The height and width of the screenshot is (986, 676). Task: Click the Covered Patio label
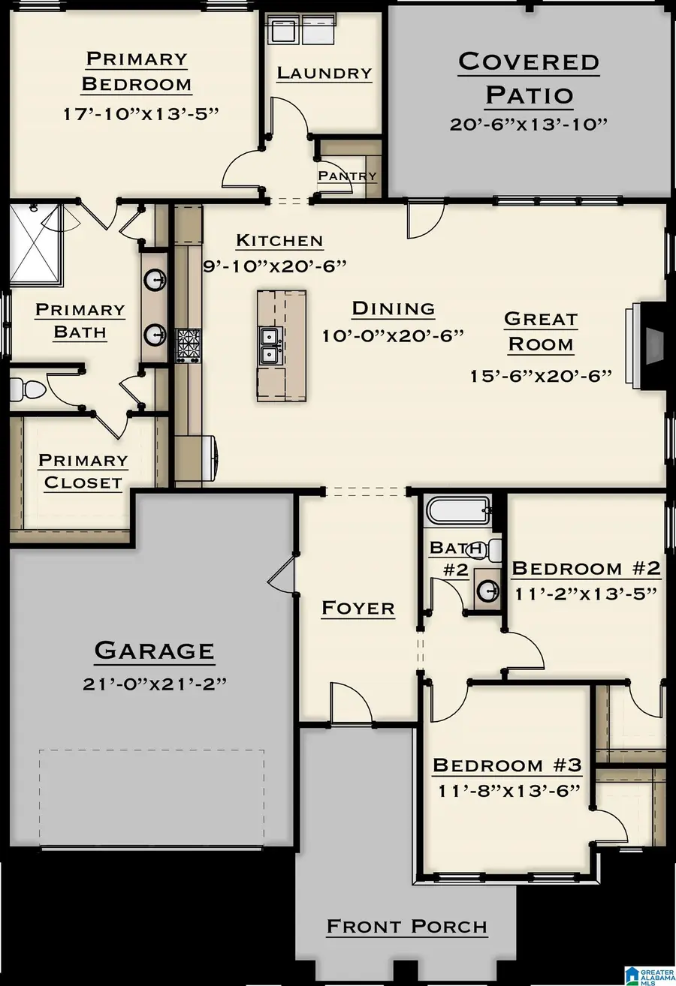[x=529, y=78]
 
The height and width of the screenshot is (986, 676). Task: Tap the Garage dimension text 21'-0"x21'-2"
[x=154, y=684]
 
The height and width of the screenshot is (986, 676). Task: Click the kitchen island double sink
[x=270, y=344]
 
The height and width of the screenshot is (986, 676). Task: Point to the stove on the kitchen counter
[x=188, y=345]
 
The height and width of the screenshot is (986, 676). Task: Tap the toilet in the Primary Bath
[x=29, y=389]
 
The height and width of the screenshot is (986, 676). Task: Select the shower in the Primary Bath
[x=34, y=243]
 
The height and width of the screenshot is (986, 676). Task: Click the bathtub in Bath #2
[x=458, y=513]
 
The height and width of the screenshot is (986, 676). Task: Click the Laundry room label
[x=324, y=73]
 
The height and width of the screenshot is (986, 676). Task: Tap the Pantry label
[x=347, y=176]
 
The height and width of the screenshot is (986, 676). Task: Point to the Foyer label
[x=358, y=608]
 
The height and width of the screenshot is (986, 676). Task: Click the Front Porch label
[x=407, y=927]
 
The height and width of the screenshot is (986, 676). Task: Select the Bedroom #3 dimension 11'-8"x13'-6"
[x=507, y=790]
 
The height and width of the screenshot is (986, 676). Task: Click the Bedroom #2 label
[x=586, y=569]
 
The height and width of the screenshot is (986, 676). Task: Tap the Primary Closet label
[x=83, y=471]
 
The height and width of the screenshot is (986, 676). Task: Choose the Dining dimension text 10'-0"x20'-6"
[x=393, y=335]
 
